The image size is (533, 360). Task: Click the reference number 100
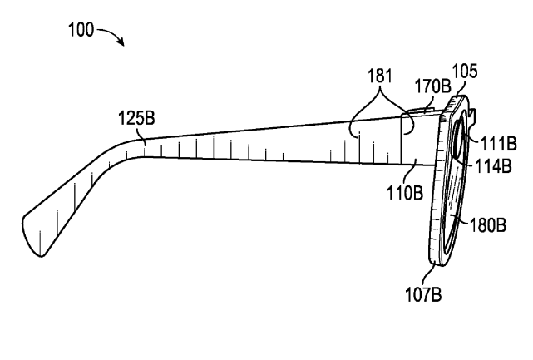coord(81,29)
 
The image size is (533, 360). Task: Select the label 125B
coord(136,118)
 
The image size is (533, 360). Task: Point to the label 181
coord(380,76)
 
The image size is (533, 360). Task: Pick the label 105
coord(465,71)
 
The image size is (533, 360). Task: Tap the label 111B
coord(498,143)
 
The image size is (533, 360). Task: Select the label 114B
coord(493,166)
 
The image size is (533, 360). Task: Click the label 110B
coord(405,192)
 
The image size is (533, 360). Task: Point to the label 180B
coord(488,224)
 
